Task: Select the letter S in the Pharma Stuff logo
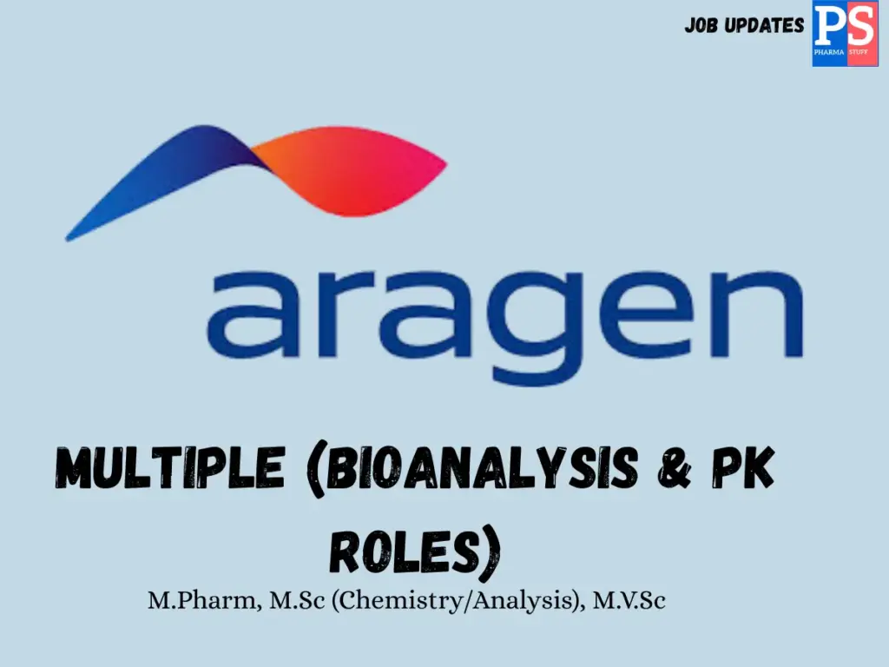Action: [x=860, y=25]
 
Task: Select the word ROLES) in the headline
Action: [x=415, y=549]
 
